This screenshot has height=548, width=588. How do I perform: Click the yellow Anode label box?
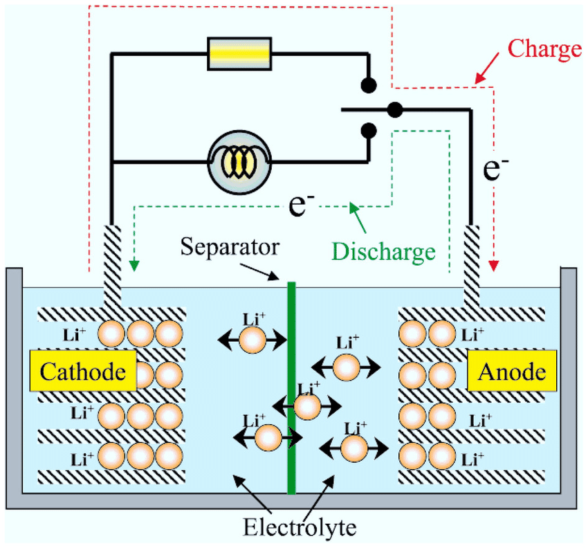point(512,372)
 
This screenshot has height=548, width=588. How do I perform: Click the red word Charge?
point(544,49)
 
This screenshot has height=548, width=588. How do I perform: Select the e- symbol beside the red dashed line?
point(493,167)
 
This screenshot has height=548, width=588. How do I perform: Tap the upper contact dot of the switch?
point(369,85)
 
